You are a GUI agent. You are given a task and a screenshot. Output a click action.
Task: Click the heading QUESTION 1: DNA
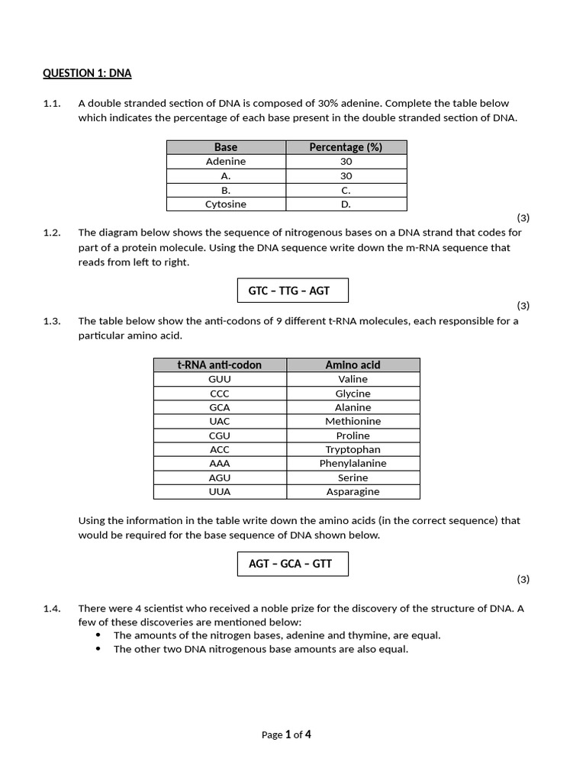click(x=87, y=73)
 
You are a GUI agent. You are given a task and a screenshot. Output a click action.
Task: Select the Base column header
click(x=226, y=147)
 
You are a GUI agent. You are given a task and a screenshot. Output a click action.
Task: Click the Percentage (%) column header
click(x=346, y=147)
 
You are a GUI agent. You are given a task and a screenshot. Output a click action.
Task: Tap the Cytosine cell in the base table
click(x=226, y=204)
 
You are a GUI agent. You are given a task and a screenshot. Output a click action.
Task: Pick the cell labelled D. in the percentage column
click(x=346, y=204)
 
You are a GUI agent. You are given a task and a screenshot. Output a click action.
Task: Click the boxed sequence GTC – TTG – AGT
click(x=293, y=291)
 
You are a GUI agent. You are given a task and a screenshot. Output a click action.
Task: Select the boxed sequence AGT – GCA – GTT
click(x=293, y=564)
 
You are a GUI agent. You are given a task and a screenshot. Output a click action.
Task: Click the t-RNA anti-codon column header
click(x=220, y=365)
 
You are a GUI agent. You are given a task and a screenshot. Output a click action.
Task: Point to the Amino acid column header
click(x=353, y=365)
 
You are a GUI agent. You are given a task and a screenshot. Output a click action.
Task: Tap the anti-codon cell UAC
click(x=220, y=422)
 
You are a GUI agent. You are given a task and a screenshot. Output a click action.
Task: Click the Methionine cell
click(x=353, y=422)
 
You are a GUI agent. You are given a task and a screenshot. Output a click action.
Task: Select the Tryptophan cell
click(x=353, y=450)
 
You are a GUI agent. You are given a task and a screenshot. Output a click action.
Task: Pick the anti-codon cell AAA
click(x=220, y=464)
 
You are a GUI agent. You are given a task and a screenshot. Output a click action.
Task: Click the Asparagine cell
click(x=353, y=492)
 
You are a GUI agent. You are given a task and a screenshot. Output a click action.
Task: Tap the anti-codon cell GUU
click(x=220, y=379)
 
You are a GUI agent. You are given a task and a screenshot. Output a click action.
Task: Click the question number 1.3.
click(x=52, y=321)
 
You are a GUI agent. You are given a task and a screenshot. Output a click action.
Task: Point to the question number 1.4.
click(x=52, y=608)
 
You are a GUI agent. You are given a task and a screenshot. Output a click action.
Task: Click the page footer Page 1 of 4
click(x=286, y=735)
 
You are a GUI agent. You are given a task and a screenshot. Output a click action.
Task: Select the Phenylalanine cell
click(x=353, y=464)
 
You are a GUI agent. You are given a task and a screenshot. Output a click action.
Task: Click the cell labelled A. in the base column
click(x=226, y=176)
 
